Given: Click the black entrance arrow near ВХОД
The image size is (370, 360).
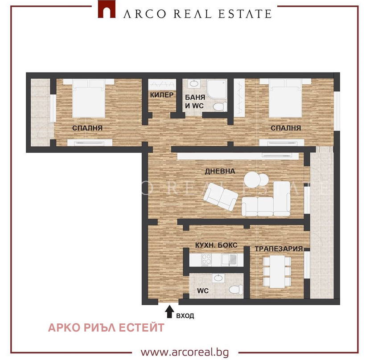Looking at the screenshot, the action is coord(169,312).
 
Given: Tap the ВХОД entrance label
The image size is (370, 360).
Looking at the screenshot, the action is coord(185,315).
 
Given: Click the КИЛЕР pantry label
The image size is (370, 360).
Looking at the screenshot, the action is coord(162,95).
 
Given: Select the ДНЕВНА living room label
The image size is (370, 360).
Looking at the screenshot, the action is coord(220,171).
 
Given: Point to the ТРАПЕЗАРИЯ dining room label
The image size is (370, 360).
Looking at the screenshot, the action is coord(279,249).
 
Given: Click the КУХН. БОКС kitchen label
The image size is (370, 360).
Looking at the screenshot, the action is coord(216,245).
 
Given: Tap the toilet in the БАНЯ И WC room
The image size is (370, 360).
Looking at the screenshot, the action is coord(220,106).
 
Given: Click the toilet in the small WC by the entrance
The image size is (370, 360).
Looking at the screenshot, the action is coord(236,289).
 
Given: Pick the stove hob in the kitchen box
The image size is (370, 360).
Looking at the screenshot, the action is coord(206,259).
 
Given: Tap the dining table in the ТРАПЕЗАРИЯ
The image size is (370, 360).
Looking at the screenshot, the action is coord(277,271).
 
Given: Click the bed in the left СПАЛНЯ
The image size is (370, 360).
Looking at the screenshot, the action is coord(89,98).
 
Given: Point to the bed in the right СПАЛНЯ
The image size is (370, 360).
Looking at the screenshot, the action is coord(285,98).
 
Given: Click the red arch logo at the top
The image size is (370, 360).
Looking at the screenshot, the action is coord(107,9).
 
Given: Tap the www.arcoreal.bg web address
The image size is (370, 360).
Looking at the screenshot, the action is coord(185,352).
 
